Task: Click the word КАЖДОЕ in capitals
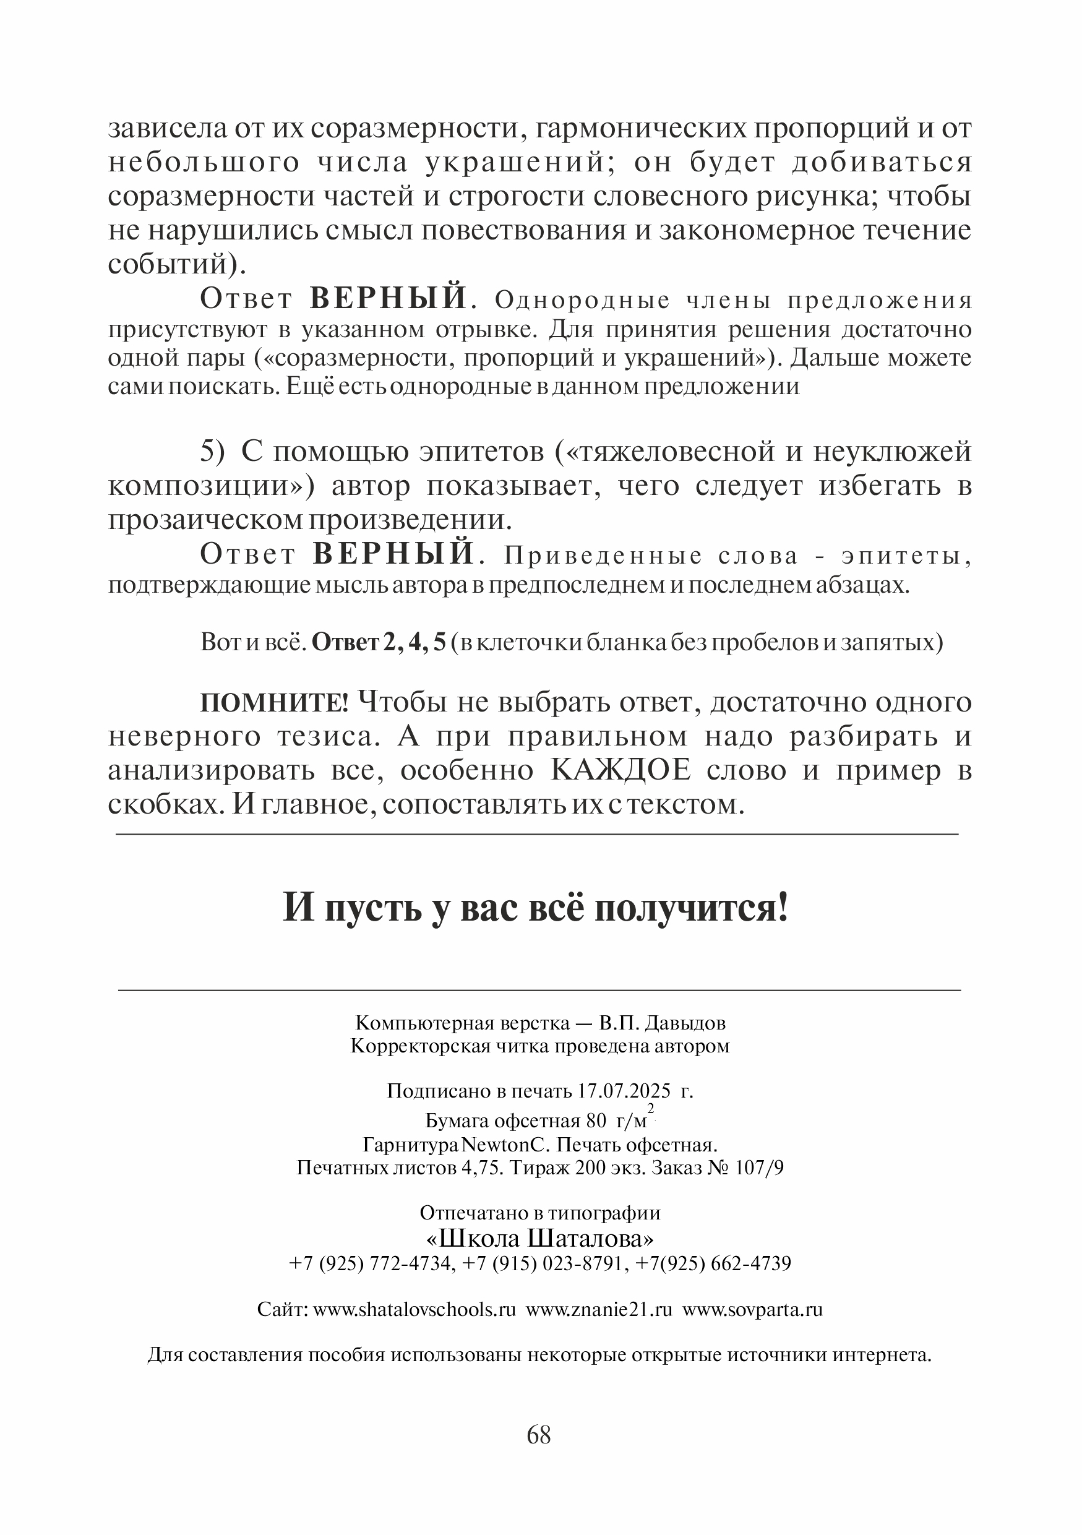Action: point(621,771)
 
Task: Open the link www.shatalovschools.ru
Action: point(414,1309)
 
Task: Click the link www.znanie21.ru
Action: point(599,1309)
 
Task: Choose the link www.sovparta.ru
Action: point(752,1309)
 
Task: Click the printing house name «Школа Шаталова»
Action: point(540,1239)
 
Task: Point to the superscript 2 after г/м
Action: point(650,1109)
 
